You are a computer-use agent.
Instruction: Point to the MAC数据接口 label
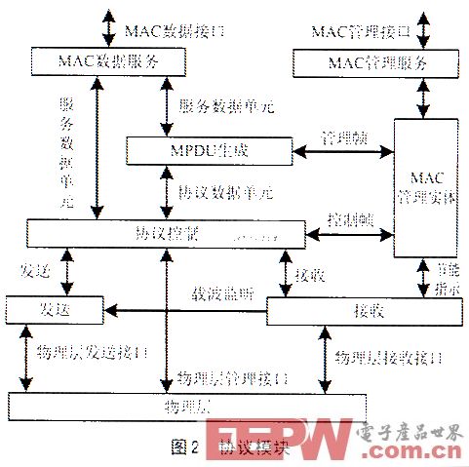tap(176, 29)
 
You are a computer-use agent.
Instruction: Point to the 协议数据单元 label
tap(226, 193)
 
